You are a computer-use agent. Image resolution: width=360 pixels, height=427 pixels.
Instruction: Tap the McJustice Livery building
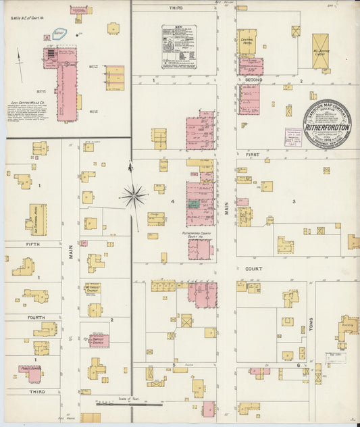[320, 51]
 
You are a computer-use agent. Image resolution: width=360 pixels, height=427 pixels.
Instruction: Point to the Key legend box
[179, 47]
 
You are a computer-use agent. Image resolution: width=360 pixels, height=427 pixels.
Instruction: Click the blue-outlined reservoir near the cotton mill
[59, 32]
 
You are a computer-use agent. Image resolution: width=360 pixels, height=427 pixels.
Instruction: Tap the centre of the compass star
[134, 197]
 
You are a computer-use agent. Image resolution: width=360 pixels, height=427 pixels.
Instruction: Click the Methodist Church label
[93, 289]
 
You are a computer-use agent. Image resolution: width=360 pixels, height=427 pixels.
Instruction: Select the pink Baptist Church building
[99, 341]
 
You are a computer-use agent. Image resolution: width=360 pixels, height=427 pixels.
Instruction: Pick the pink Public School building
[31, 373]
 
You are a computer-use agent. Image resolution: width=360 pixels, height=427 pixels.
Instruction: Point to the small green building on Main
[194, 202]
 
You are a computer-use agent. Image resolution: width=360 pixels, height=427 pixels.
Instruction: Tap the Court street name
[253, 268]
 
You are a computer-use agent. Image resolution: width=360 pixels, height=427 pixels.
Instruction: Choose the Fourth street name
[36, 317]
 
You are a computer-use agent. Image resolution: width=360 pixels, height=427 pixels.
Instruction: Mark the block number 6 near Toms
[298, 365]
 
